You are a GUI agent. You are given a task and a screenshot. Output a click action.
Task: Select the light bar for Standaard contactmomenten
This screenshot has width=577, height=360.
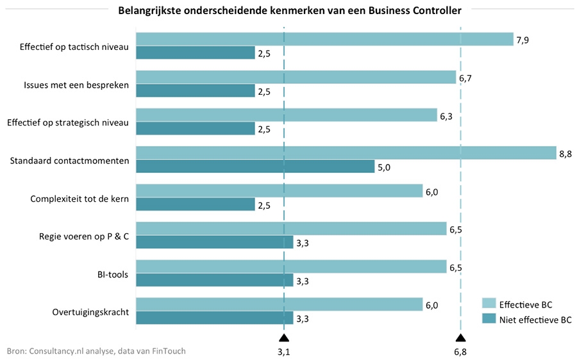[346, 152]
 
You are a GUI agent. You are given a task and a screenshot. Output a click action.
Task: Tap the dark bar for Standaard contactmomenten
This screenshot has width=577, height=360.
[255, 167]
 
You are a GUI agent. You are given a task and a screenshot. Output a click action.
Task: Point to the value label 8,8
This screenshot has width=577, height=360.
[565, 154]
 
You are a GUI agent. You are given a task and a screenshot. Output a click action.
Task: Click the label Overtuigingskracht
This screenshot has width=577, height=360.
[91, 313]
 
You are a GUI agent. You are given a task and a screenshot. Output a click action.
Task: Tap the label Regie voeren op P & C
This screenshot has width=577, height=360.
[84, 237]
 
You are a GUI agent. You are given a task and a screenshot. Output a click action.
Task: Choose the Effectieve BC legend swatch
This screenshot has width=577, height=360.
[488, 304]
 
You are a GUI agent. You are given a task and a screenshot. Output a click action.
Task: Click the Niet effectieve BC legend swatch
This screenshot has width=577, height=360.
[488, 319]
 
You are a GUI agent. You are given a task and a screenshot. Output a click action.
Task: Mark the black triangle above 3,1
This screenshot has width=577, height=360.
[284, 338]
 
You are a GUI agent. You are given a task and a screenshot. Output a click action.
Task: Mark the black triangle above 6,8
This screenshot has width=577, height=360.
[460, 338]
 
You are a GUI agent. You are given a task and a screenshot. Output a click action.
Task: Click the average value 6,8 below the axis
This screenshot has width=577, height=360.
[460, 352]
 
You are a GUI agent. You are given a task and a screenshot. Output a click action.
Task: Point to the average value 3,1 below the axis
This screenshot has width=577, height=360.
[284, 352]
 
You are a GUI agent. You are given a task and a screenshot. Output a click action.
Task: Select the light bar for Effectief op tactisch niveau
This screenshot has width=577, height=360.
[324, 39]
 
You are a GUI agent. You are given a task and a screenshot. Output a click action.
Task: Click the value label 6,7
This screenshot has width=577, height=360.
[465, 78]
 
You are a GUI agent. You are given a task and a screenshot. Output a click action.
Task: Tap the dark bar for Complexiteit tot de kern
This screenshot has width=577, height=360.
[196, 204]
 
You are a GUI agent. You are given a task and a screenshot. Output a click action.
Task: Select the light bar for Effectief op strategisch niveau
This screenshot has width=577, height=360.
[287, 115]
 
